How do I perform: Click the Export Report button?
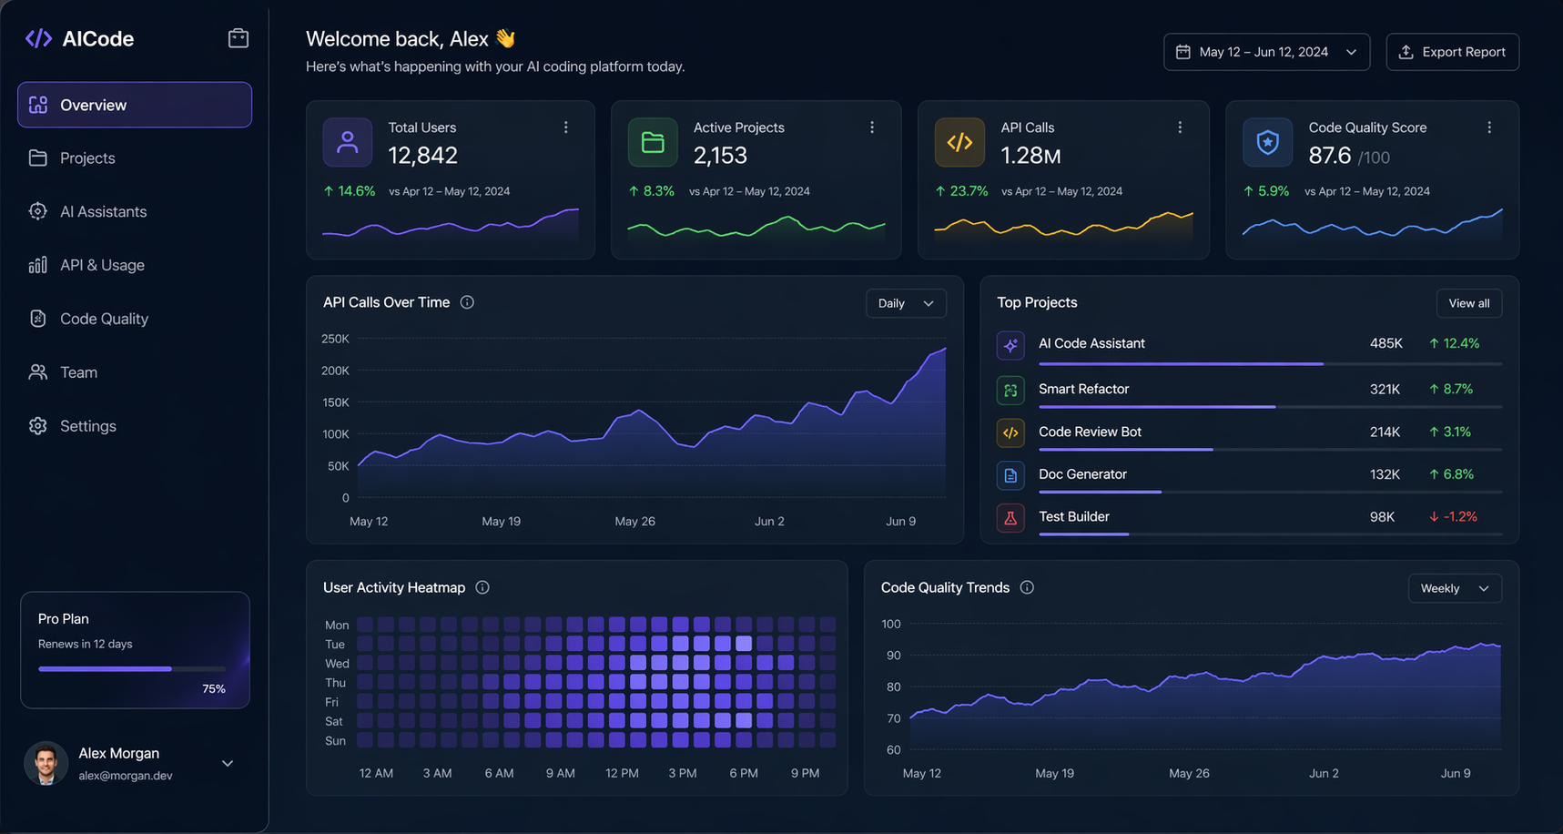[x=1452, y=52]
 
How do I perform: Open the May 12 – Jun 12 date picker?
[x=1265, y=52]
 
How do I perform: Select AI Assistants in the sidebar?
[x=103, y=211]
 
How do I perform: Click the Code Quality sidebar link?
[x=104, y=319]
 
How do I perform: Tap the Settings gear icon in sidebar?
[x=37, y=426]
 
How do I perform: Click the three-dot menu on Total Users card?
[x=565, y=127]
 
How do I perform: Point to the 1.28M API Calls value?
[x=1030, y=156]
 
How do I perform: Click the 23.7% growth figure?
[x=968, y=191]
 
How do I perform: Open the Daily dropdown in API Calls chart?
[x=905, y=303]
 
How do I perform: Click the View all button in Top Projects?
[x=1468, y=303]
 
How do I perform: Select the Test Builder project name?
[x=1073, y=516]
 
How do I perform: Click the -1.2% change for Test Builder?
[x=1459, y=516]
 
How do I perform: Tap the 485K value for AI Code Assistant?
[x=1385, y=343]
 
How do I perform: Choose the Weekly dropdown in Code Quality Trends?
[x=1454, y=588]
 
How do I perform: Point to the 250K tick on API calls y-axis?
[x=335, y=339]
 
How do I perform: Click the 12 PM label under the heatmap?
[x=622, y=773]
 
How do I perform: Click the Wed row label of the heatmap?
[x=337, y=664]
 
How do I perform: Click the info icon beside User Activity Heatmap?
[x=482, y=587]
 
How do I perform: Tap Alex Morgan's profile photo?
[x=46, y=763]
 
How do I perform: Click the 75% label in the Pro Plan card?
[x=213, y=689]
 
